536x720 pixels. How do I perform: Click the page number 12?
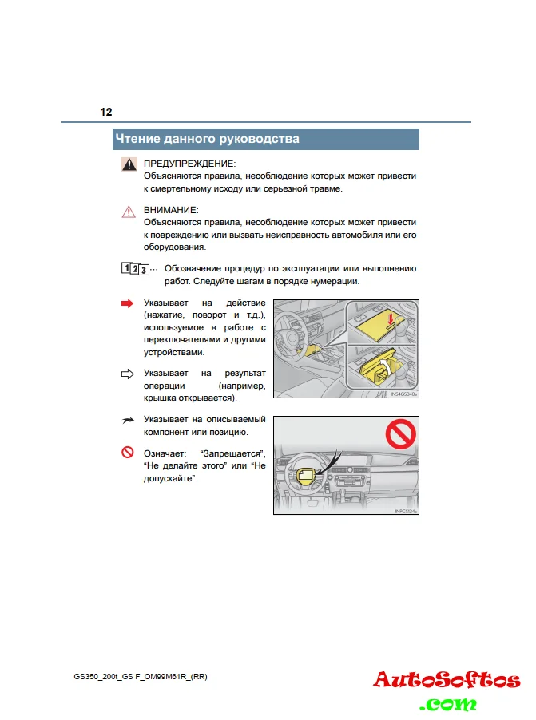(106, 112)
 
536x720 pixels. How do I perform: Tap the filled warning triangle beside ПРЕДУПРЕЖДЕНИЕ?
(129, 164)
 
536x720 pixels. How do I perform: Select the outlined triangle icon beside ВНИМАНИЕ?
(129, 212)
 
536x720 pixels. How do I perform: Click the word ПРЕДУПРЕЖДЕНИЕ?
(190, 163)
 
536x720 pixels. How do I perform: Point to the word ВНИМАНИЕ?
(171, 210)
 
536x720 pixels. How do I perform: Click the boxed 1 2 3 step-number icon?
(134, 268)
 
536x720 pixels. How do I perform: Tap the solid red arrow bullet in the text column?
(128, 304)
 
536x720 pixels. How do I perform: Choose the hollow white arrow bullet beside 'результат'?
(128, 373)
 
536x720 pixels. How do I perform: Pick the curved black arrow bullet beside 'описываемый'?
(128, 420)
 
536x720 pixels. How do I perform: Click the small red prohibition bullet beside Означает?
(127, 453)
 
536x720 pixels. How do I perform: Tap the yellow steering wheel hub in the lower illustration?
(304, 476)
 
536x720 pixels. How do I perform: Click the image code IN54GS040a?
(405, 394)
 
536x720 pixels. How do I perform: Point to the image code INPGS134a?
(406, 512)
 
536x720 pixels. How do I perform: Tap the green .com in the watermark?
(451, 703)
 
